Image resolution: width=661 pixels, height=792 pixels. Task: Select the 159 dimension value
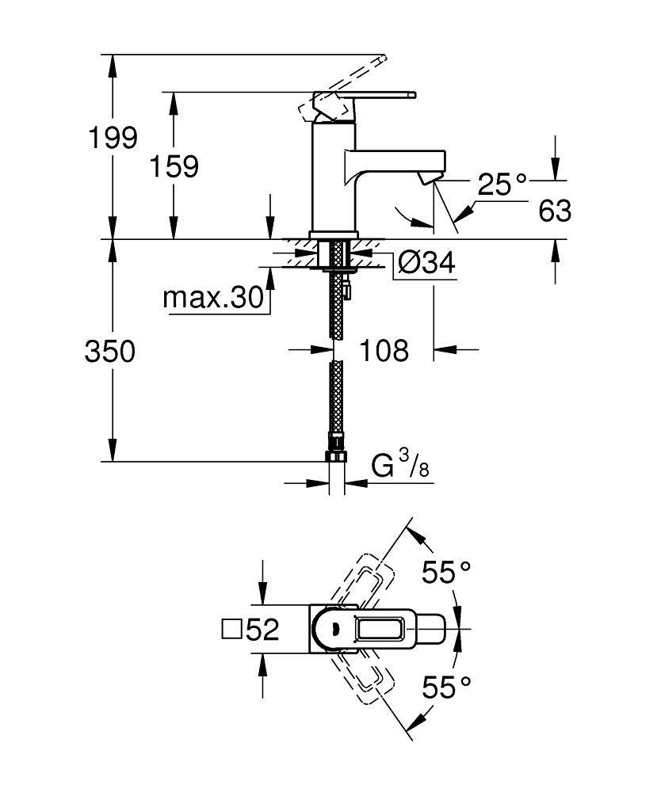[x=175, y=166]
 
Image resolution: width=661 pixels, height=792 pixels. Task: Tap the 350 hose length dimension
[x=109, y=351]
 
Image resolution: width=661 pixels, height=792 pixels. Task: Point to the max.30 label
[x=212, y=298]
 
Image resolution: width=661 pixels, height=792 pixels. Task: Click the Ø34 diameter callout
[x=426, y=263]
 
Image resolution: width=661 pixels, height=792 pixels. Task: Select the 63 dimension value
[x=554, y=211]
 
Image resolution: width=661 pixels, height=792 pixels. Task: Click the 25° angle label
[x=502, y=185]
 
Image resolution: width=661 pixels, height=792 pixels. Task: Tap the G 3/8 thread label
[x=401, y=465]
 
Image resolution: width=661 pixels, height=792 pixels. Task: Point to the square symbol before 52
[x=231, y=630]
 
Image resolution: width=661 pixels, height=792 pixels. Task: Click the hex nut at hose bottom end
[x=336, y=458]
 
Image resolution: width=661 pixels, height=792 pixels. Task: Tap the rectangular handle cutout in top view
[x=382, y=630]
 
